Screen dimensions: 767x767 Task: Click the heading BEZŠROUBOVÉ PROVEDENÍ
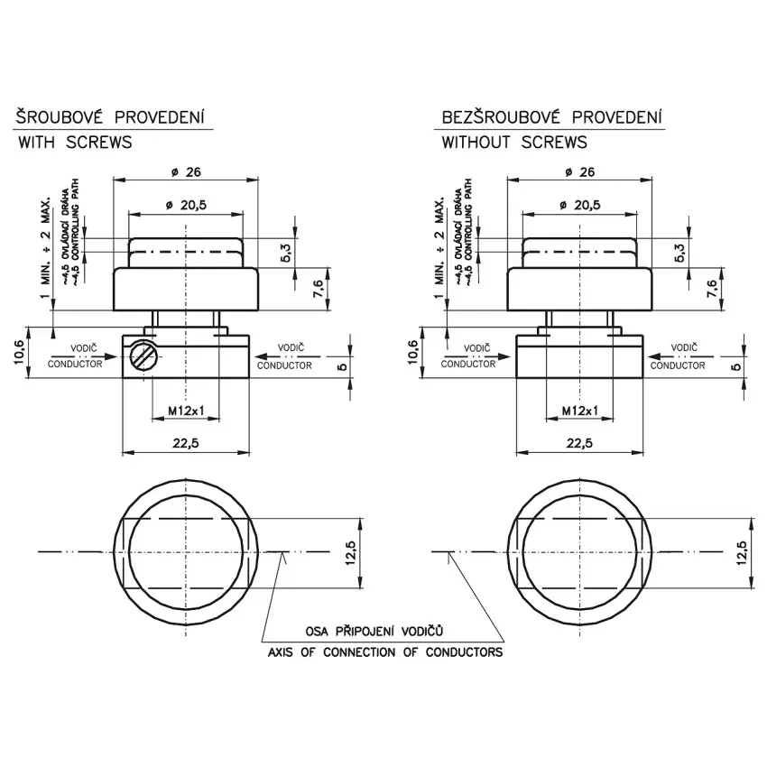pos(552,117)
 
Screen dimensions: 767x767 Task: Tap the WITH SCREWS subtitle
pos(75,142)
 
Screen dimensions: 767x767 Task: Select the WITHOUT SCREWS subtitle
pos(514,142)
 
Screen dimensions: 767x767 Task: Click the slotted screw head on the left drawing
pos(140,357)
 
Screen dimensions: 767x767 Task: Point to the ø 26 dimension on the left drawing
pos(187,171)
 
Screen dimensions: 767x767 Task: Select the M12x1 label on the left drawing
pos(186,411)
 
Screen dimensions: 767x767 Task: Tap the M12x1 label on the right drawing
pos(580,411)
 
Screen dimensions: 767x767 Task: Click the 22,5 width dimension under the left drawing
pos(186,442)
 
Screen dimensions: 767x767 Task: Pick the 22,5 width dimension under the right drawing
pos(580,442)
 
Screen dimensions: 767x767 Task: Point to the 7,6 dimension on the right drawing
pos(712,289)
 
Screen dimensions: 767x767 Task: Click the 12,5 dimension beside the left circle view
pos(352,552)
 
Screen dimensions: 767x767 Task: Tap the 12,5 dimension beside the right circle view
pos(744,552)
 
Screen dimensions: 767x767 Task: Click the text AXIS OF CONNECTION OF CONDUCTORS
pos(385,651)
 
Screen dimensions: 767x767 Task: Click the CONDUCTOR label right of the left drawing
pos(284,365)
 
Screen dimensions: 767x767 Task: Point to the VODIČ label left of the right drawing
pos(476,347)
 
